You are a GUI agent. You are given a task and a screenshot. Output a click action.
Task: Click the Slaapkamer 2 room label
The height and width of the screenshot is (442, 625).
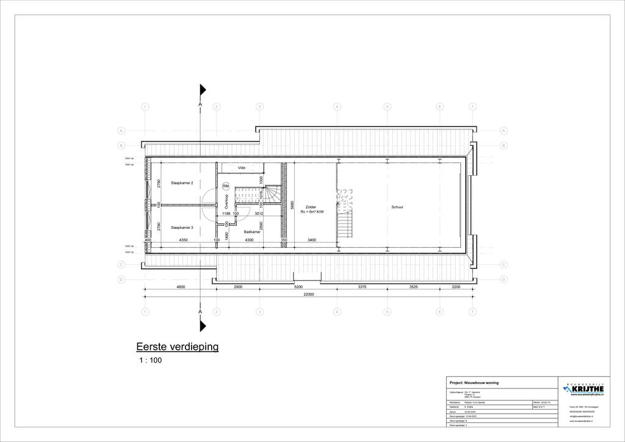click(x=182, y=183)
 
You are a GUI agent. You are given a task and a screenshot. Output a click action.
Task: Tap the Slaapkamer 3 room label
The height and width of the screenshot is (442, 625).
click(x=182, y=228)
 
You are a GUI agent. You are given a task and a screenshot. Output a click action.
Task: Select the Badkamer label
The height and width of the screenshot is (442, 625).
click(x=252, y=232)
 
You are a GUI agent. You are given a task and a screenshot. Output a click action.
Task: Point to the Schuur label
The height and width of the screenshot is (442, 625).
click(x=397, y=208)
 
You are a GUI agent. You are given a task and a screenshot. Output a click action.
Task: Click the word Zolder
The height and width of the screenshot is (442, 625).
click(x=311, y=207)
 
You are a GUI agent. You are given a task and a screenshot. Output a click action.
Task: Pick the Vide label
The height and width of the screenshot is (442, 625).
click(x=242, y=167)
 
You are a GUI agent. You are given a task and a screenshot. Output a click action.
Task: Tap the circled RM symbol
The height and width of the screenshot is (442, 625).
click(x=226, y=186)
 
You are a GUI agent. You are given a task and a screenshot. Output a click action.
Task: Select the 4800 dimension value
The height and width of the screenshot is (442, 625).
click(x=181, y=286)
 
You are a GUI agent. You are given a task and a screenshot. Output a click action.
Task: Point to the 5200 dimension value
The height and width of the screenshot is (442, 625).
click(x=298, y=286)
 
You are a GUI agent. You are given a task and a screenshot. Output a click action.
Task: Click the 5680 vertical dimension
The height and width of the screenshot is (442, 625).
click(x=293, y=205)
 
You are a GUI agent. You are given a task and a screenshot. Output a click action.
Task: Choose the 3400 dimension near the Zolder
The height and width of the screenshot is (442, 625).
click(x=312, y=241)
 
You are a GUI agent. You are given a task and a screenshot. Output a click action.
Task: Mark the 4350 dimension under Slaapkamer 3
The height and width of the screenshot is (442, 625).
click(x=183, y=241)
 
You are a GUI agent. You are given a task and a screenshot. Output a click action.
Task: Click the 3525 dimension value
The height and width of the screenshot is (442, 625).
click(x=413, y=286)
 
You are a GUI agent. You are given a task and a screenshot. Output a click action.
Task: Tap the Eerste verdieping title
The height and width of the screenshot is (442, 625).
click(x=177, y=347)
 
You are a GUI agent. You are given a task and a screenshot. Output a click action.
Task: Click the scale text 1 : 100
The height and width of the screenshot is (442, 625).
click(x=151, y=361)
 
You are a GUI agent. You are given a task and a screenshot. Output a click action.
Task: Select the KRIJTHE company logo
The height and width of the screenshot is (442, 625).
click(x=584, y=389)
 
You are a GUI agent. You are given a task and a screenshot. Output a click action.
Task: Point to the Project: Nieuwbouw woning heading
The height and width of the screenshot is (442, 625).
click(x=474, y=383)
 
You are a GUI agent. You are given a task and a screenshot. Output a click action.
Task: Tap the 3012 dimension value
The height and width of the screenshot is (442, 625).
click(x=259, y=214)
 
